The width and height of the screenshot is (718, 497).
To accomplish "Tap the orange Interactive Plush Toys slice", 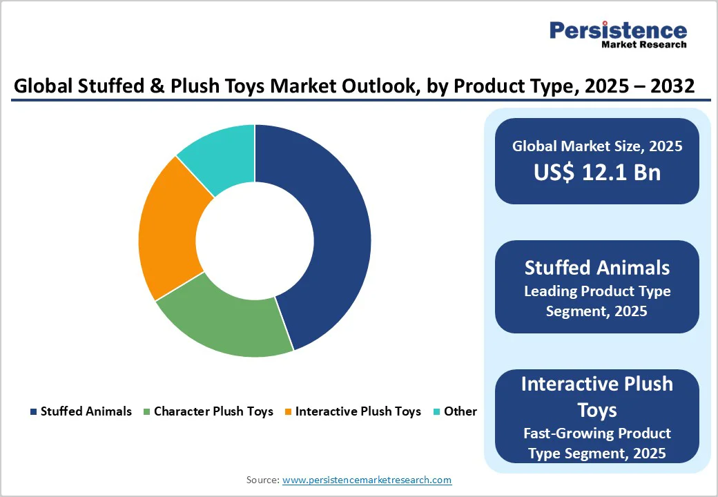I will (169, 228).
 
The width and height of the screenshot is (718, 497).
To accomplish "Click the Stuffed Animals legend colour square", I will (33, 411).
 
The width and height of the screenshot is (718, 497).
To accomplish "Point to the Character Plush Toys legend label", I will (213, 411).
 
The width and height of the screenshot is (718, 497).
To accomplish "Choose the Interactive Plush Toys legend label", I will (358, 411).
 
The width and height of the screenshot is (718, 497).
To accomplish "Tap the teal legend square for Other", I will (436, 411).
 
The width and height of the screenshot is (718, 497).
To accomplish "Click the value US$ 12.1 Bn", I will (597, 173).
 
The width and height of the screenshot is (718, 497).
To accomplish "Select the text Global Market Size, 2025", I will (597, 146).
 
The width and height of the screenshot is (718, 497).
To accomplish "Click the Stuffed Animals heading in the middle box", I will (597, 267).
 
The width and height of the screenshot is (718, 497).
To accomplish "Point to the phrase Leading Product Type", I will (597, 291).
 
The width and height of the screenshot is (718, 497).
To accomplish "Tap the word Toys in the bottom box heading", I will (597, 410).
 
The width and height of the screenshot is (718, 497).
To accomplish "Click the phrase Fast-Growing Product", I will (597, 433).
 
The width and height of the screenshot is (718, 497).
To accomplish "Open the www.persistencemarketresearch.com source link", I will (367, 480).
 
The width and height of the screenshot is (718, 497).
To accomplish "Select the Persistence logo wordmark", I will (618, 30).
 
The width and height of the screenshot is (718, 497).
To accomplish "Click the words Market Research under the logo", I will (644, 45).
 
